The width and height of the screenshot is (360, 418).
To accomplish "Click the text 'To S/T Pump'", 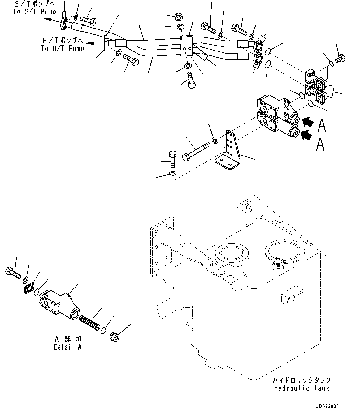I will click(34, 12).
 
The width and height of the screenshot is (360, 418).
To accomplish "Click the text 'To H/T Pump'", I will click(62, 48).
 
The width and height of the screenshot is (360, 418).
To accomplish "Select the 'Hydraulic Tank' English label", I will click(301, 388).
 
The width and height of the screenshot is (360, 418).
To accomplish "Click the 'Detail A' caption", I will click(68, 347).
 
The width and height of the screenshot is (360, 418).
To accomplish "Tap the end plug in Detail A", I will click(115, 337).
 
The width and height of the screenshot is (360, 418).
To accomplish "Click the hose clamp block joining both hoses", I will click(186, 46).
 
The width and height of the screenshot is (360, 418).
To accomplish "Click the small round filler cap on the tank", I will click(278, 264).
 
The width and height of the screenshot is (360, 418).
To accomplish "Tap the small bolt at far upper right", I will click(340, 58).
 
